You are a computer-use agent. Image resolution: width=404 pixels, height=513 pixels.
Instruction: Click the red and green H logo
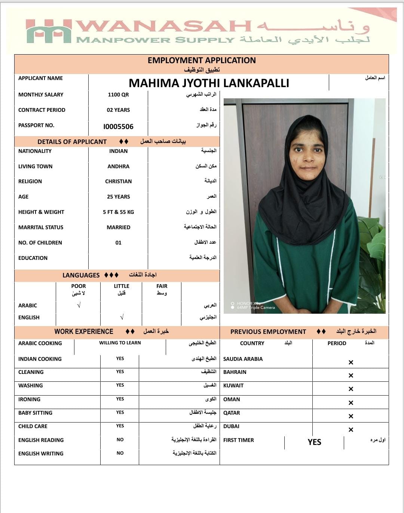[49, 31]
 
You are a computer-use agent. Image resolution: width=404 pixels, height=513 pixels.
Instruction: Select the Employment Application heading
[202, 61]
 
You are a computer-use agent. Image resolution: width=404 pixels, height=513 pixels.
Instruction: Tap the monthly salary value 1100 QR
[118, 95]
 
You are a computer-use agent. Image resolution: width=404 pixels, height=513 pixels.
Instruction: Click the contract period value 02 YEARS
[118, 110]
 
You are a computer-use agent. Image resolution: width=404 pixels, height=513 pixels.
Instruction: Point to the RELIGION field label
[30, 181]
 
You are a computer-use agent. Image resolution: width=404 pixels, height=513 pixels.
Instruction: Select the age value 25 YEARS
[118, 197]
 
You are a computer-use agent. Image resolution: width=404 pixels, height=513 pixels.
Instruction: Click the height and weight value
[118, 212]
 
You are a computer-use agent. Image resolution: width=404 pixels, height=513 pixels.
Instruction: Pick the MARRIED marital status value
[118, 227]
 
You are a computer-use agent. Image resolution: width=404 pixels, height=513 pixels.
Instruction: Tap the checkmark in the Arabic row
[79, 305]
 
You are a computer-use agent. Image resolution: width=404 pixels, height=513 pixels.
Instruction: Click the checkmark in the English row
[122, 317]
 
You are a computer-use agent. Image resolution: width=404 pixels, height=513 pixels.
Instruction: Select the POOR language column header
[79, 286]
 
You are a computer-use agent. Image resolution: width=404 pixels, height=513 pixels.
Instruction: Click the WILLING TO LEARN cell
[120, 343]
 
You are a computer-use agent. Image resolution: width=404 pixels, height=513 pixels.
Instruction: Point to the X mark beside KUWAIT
[351, 389]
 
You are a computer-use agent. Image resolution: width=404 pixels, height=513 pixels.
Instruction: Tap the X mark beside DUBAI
[351, 430]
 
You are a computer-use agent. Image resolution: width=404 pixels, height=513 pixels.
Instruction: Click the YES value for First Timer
[314, 442]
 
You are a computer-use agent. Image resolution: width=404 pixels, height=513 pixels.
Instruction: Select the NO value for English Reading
[120, 440]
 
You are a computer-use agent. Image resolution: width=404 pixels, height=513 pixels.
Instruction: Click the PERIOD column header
[337, 343]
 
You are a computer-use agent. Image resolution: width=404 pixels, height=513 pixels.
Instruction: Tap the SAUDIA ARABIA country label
[243, 359]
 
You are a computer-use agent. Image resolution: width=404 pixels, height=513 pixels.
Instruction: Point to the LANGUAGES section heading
[81, 275]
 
